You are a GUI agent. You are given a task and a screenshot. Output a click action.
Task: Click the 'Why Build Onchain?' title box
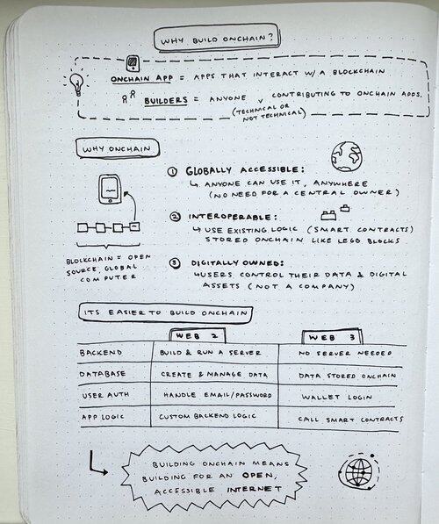216,38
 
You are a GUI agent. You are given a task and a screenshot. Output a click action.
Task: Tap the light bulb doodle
76,83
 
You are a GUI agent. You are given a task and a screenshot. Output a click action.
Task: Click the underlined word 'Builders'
166,101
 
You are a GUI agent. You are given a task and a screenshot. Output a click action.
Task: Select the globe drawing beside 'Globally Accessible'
347,157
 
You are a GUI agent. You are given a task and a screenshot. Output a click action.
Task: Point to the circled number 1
172,172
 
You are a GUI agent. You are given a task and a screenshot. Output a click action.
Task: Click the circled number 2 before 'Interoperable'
175,217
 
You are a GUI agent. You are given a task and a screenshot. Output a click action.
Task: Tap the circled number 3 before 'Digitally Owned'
175,263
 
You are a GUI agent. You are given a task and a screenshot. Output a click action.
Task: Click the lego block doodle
335,212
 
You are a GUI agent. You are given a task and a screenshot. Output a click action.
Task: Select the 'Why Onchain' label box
117,148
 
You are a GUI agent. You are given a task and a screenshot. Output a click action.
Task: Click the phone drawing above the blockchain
109,189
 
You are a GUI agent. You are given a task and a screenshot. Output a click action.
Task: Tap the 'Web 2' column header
198,336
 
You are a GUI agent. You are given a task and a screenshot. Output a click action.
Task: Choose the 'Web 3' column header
332,337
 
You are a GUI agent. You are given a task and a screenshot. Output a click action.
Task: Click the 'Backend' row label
101,353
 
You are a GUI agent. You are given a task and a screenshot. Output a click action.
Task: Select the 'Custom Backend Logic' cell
207,416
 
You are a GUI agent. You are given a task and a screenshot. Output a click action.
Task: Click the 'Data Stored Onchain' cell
347,376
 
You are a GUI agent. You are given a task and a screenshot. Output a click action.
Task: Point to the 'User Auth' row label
105,395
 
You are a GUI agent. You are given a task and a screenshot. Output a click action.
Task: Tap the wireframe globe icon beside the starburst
359,472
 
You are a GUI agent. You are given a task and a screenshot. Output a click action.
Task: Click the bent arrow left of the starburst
97,463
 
